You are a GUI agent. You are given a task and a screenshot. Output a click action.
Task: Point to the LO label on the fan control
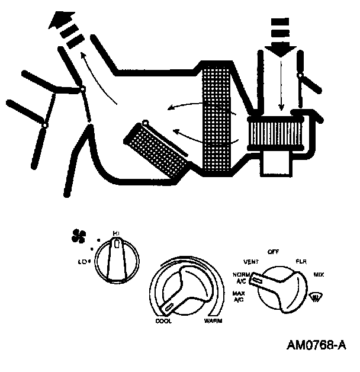click(x=83, y=260)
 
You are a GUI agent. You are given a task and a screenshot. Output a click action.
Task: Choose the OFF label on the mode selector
click(x=273, y=251)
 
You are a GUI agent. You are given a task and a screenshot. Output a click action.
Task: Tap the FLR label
click(x=300, y=261)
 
